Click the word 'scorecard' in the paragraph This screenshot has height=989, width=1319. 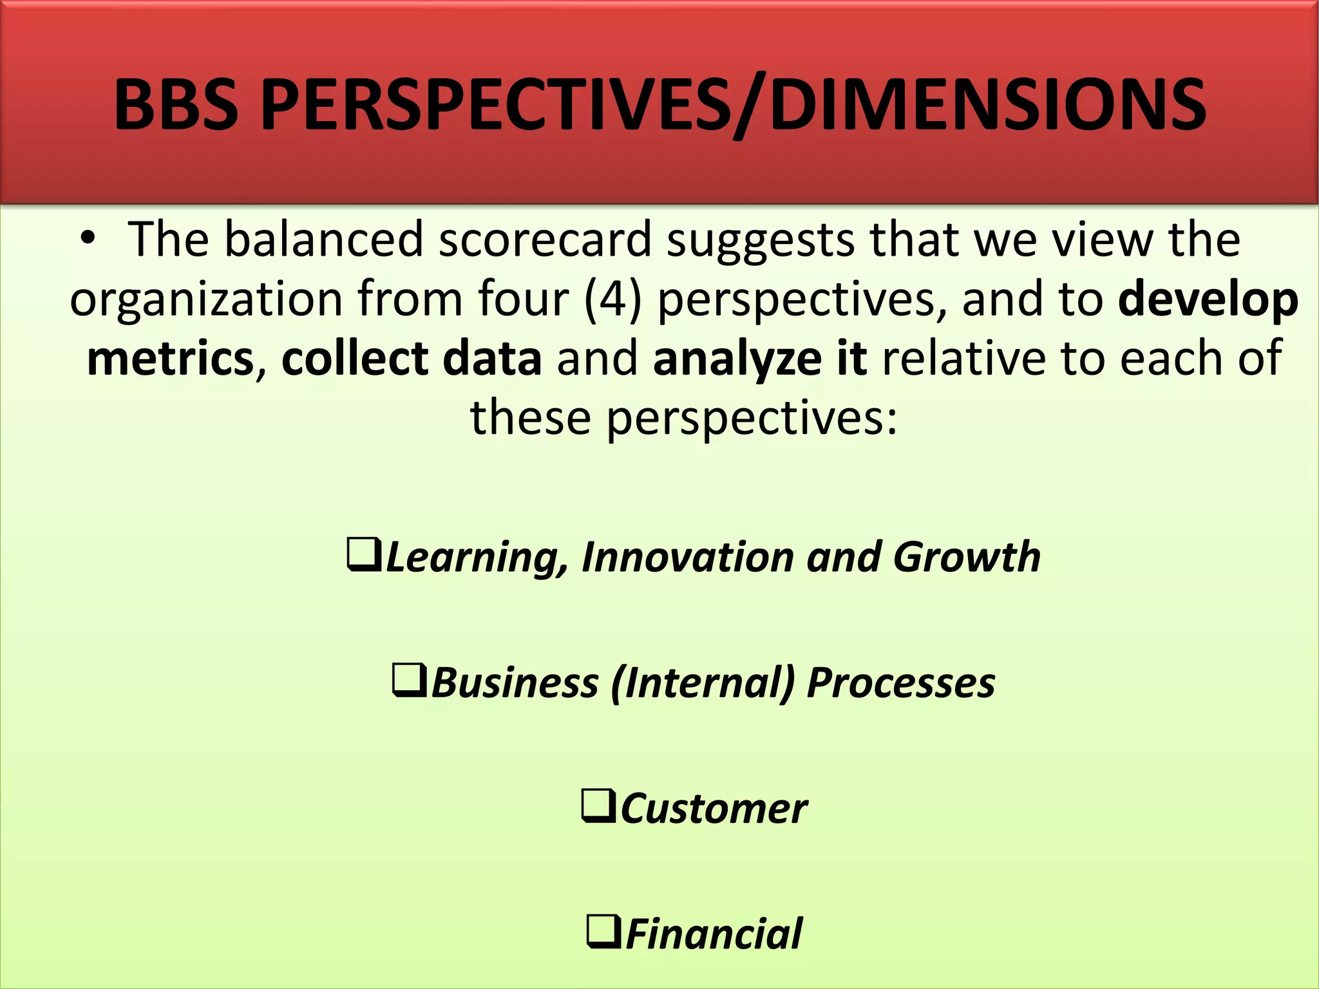pyautogui.click(x=545, y=240)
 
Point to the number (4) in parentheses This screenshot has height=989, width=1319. pyautogui.click(x=612, y=299)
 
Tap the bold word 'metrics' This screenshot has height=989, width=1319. pyautogui.click(x=171, y=358)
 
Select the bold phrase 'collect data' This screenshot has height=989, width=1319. pyautogui.click(x=412, y=358)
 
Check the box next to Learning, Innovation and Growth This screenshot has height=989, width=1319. pyautogui.click(x=364, y=555)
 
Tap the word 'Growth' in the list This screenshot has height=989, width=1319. pyautogui.click(x=966, y=556)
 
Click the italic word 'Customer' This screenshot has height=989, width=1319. pyautogui.click(x=713, y=809)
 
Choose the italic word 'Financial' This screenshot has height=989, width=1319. pyautogui.click(x=714, y=934)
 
